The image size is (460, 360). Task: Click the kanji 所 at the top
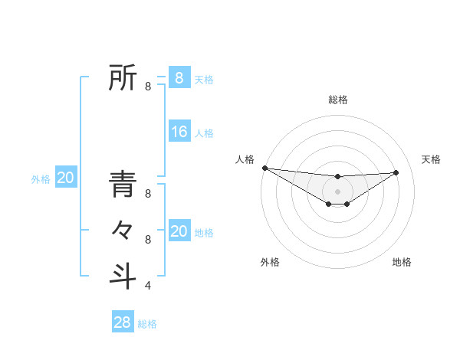coord(123,78)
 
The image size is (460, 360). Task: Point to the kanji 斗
coord(123,275)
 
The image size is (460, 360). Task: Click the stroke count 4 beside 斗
coord(148,286)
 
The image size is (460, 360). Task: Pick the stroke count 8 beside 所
coord(148,87)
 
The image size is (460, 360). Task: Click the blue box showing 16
coord(179,132)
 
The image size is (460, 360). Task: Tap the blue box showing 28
coord(123,322)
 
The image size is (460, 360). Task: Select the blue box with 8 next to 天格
coord(179,77)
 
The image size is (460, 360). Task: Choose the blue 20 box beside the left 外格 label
coord(66,178)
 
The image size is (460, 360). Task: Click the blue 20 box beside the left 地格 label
coord(179,231)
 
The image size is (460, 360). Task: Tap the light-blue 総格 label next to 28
coord(147,324)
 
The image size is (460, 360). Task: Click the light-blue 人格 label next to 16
coord(204,133)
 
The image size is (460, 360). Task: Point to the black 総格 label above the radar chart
coord(337,100)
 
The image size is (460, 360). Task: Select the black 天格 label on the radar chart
coord(431,159)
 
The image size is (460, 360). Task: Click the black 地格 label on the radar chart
coord(402,262)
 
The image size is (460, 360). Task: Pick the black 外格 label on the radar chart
coord(270,262)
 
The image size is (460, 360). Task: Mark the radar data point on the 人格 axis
coord(264,167)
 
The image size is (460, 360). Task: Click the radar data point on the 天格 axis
coord(396,172)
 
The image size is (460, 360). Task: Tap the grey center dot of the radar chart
coord(337,191)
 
